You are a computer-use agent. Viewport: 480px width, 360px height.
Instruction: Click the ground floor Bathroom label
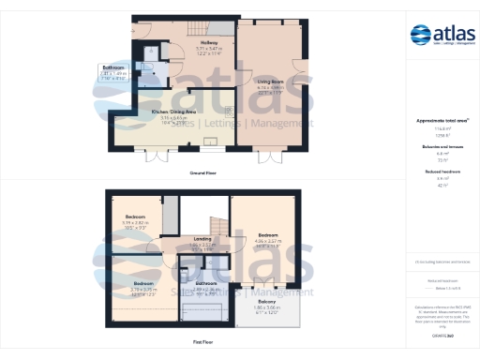pyautogui.click(x=113, y=68)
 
